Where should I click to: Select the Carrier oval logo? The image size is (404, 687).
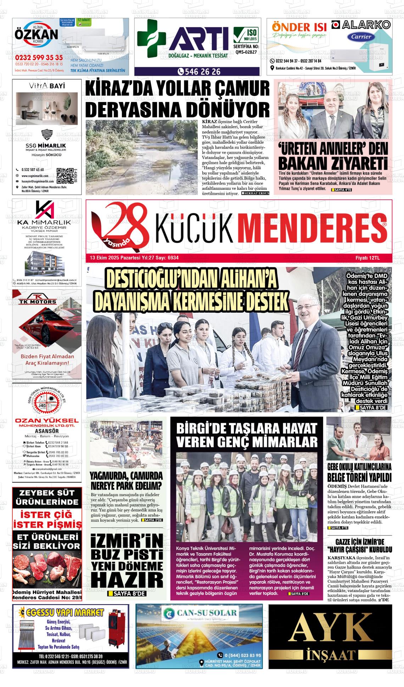point(361,36)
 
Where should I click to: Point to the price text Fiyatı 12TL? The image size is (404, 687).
point(367,258)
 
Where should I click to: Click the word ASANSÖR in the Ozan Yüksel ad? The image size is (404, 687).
point(47,431)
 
